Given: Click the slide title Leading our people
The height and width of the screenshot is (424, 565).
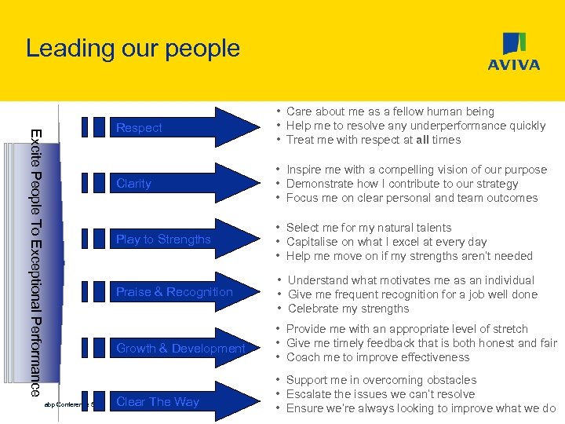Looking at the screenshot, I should click(133, 48).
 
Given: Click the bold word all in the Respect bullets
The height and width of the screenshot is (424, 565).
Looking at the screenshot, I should click(424, 140).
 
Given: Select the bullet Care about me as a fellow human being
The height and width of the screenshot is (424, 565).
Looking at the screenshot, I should click(390, 111).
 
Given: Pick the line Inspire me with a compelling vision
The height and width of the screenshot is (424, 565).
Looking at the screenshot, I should click(416, 170).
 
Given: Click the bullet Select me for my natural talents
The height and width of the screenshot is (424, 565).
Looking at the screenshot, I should click(369, 228).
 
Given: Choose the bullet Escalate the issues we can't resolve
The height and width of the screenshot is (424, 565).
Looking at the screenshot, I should click(381, 394).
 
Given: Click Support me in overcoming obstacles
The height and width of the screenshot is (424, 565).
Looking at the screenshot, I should click(381, 380).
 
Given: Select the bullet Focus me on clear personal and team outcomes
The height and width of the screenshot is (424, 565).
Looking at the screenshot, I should click(412, 198).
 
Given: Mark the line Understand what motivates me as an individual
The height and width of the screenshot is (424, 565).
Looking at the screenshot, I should click(411, 280).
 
